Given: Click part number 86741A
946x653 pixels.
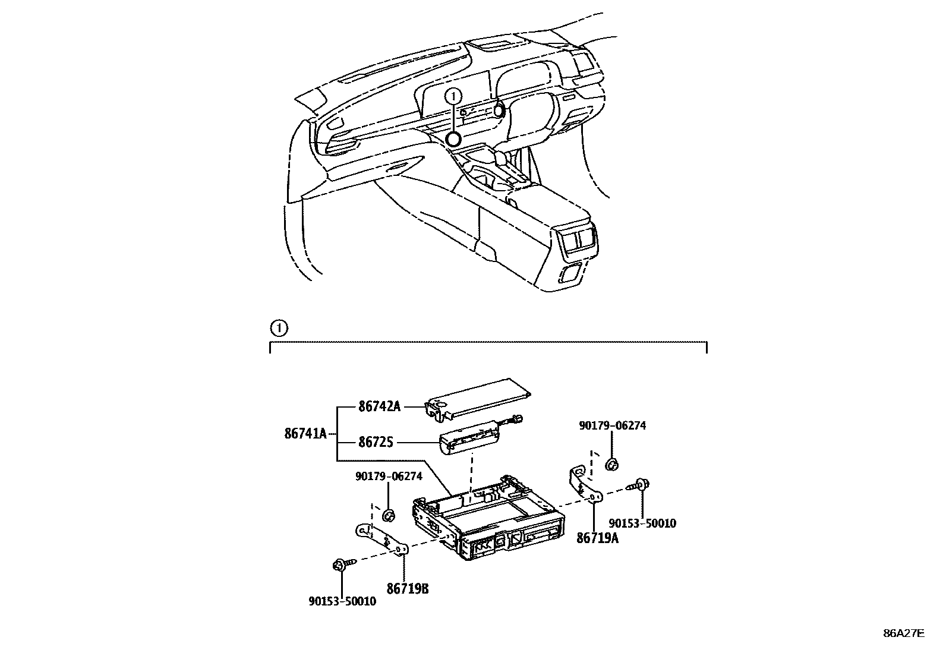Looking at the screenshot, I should tap(305, 434).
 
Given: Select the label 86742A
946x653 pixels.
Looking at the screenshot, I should tap(379, 407).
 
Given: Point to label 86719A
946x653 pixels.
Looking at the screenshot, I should tap(597, 538).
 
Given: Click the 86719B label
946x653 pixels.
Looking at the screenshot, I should tap(408, 588).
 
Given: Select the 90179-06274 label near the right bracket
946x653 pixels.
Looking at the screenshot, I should tap(613, 425).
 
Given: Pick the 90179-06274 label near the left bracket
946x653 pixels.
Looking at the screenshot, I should tap(389, 476).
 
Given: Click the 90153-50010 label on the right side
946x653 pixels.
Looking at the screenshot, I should tap(642, 523).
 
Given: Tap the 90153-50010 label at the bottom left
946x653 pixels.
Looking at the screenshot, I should tap(342, 601).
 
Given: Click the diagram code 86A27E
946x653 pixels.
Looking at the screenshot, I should tap(903, 633).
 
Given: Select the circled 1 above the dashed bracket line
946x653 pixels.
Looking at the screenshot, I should tap(278, 328).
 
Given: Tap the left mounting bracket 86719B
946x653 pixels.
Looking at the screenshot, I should tap(381, 538).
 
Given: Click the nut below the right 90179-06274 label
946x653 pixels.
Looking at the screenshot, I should tap(611, 464).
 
